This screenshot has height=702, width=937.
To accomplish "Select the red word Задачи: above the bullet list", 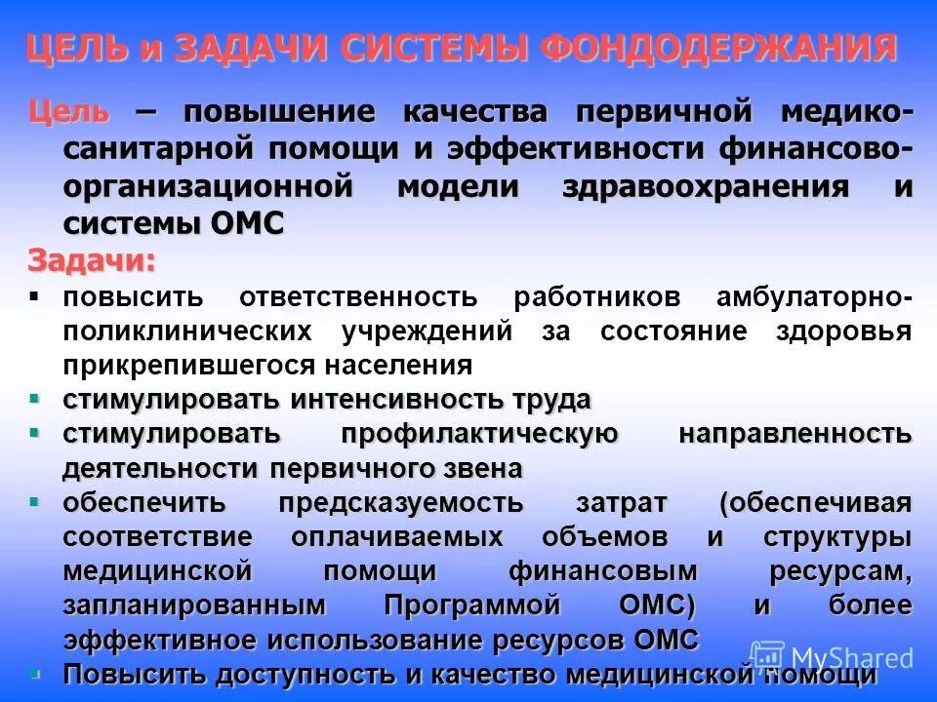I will [x=91, y=261].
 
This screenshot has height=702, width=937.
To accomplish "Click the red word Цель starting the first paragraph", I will [x=68, y=112].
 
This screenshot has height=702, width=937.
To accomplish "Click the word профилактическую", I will [x=479, y=434].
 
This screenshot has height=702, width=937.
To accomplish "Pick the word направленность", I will [x=794, y=434].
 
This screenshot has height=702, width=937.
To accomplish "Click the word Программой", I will [x=472, y=605].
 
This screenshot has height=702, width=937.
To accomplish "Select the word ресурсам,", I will [x=832, y=571].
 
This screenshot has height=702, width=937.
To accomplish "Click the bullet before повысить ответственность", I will [x=35, y=294].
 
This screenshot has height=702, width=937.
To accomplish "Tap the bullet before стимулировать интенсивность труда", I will [x=35, y=398].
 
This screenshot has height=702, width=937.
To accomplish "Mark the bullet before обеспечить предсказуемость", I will [x=35, y=501].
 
